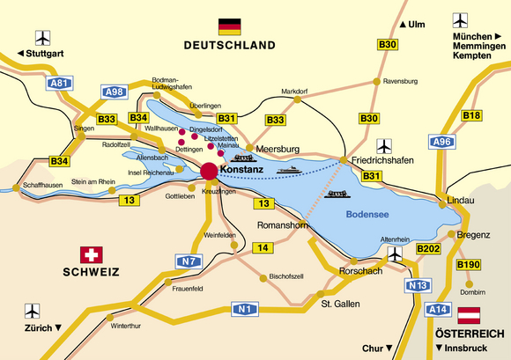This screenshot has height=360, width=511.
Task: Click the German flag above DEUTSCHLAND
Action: click(x=229, y=26)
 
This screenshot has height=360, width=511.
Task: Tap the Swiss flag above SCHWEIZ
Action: click(x=90, y=255)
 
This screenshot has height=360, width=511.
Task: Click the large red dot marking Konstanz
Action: click(x=209, y=171)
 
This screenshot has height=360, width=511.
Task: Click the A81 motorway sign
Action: click(x=58, y=84)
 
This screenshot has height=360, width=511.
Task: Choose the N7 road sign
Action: click(x=187, y=261)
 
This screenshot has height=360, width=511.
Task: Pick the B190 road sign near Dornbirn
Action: click(x=467, y=264)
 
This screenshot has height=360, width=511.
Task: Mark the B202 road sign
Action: click(x=428, y=250)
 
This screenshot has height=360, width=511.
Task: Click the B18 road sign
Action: click(x=471, y=115)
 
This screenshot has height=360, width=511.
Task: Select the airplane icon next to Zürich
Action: click(x=34, y=311)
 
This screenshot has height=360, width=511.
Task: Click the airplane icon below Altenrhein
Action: click(x=396, y=253)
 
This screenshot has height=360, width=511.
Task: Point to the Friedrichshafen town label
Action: click(x=382, y=161)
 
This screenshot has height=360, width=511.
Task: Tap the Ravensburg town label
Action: click(x=400, y=81)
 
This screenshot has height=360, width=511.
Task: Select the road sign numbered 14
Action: click(x=263, y=248)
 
